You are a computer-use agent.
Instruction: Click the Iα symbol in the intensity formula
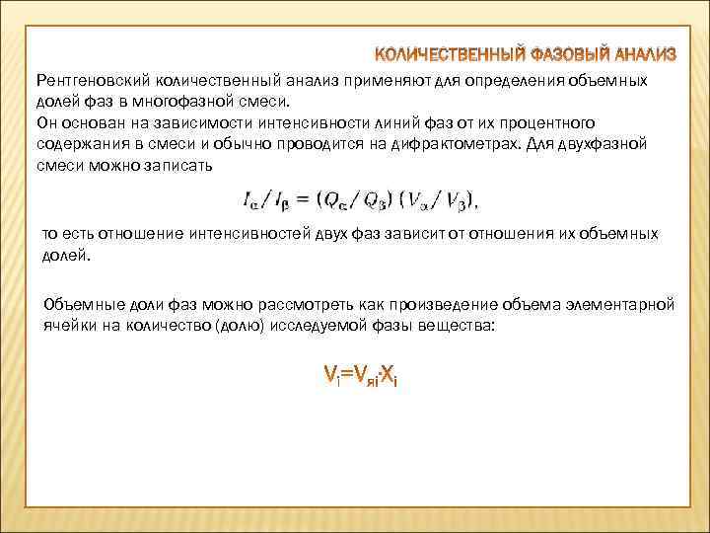(250, 202)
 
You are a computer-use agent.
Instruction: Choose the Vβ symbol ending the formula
(457, 202)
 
